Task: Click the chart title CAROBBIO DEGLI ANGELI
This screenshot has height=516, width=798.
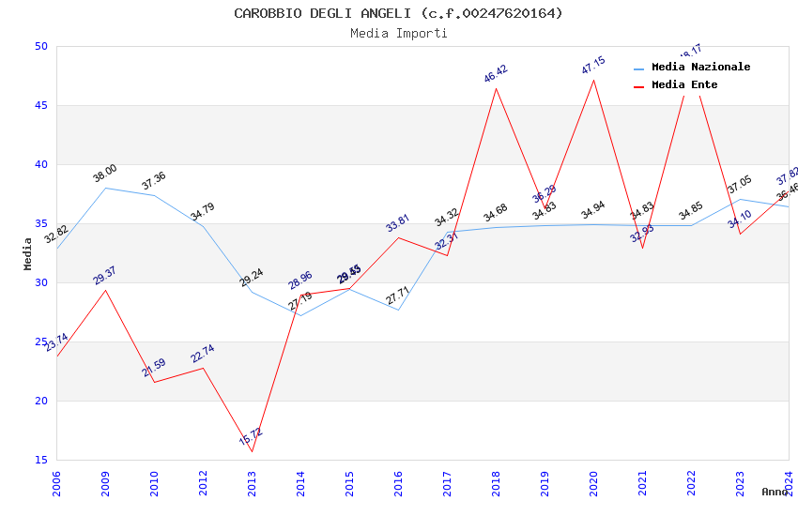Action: tap(398, 13)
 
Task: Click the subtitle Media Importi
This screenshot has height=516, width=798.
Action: tap(398, 33)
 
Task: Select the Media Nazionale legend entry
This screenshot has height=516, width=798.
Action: tap(700, 68)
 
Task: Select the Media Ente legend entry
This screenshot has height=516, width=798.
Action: tap(684, 85)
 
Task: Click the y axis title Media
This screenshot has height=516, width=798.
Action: tap(28, 253)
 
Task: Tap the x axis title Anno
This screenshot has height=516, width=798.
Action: tap(775, 492)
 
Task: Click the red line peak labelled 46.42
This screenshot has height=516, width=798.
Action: tap(496, 88)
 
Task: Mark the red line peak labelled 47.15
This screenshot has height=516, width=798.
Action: tap(593, 80)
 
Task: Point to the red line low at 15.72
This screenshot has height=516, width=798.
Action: tap(252, 451)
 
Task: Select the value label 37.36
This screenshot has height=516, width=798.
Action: tap(154, 180)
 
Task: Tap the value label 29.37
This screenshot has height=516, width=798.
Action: tap(105, 275)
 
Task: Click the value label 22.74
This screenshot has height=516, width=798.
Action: tap(203, 354)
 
